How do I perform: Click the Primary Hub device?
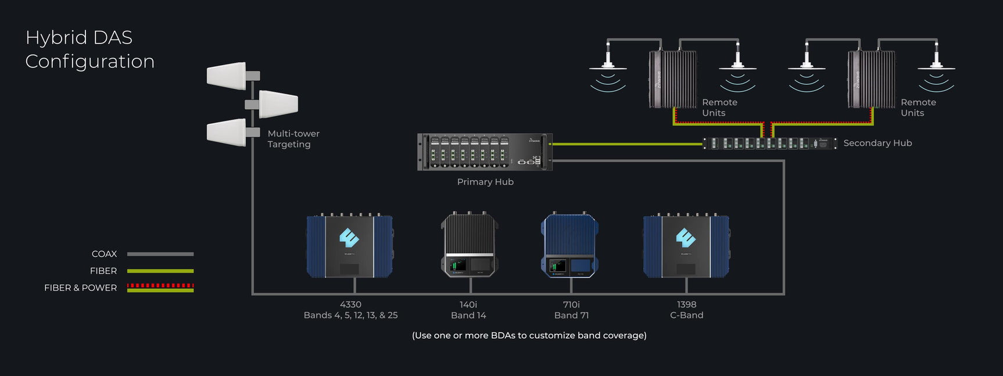(484, 152)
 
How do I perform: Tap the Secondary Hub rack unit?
(769, 144)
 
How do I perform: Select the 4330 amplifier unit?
(349, 246)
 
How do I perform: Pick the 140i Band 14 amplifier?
(470, 245)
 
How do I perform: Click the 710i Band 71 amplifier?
(570, 245)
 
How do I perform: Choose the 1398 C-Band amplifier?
(686, 246)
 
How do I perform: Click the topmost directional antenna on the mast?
(227, 76)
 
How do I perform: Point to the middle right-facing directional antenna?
(278, 104)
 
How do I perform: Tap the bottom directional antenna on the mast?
(227, 132)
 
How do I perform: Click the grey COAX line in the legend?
(160, 254)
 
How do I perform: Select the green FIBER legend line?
(160, 271)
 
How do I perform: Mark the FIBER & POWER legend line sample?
(160, 288)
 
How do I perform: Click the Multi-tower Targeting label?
(293, 139)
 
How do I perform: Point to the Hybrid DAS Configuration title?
(90, 49)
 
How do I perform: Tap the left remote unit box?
(673, 80)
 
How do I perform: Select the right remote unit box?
(872, 80)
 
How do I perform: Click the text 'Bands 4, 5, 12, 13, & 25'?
(350, 315)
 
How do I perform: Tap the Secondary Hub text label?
(877, 143)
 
